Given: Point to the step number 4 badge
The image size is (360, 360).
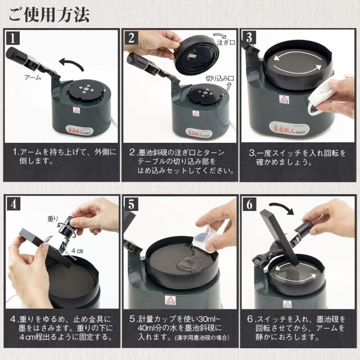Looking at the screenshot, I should (13, 205).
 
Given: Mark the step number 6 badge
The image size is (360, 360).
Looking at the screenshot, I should (250, 205).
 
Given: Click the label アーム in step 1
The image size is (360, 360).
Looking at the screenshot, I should (33, 77).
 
